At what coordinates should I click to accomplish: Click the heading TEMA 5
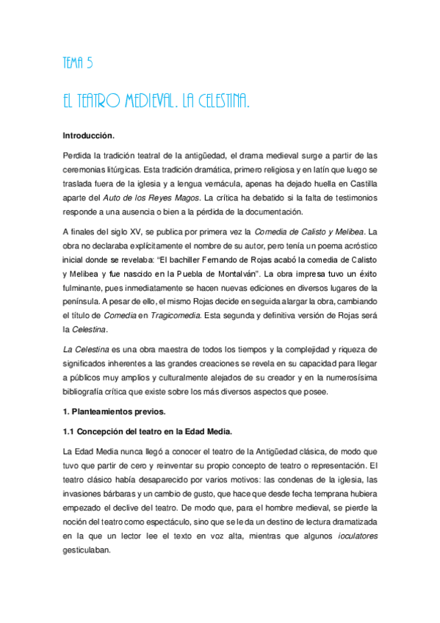coord(77,63)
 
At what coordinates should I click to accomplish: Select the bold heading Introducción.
coord(89,136)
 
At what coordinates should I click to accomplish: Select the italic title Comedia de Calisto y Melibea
coord(314,231)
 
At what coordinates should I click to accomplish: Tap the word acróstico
coord(358,245)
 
